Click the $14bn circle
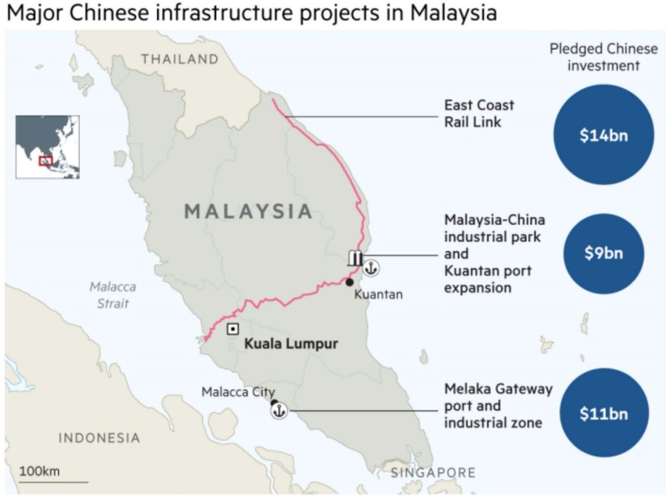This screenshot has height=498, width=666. [x=603, y=135]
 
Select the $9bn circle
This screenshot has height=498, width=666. [x=603, y=253]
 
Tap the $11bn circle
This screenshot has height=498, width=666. [x=603, y=413]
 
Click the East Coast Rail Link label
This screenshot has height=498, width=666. [x=479, y=113]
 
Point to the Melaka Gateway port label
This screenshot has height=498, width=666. [x=497, y=406]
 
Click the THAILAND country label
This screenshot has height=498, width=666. [x=180, y=59]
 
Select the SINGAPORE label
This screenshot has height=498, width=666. [x=433, y=472]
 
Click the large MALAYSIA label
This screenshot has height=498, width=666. [x=248, y=211]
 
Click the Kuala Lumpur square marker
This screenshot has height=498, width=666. [x=232, y=329]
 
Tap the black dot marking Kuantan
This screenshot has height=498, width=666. [x=349, y=281]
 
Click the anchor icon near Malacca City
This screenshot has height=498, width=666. [x=280, y=411]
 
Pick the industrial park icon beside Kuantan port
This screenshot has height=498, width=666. [x=355, y=258]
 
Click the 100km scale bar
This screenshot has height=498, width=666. [x=53, y=482]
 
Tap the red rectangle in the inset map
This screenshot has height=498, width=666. [x=46, y=160]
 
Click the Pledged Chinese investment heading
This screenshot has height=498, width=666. [x=603, y=57]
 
